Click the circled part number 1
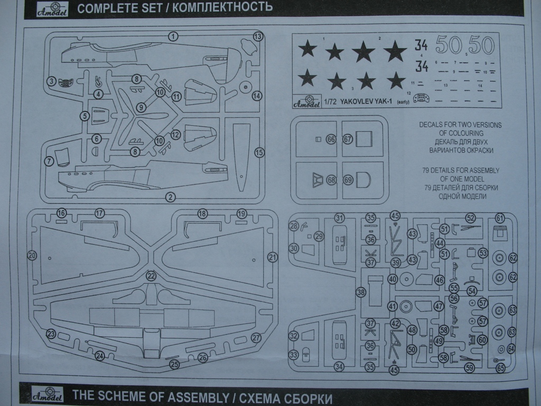[173, 36]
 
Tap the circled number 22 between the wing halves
[152, 275]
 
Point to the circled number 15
[259, 152]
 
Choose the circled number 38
[361, 292]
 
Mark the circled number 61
[500, 217]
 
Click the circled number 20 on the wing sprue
[32, 255]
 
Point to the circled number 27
[256, 338]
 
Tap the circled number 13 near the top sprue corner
[258, 36]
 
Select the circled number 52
[470, 217]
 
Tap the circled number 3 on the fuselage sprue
[51, 81]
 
